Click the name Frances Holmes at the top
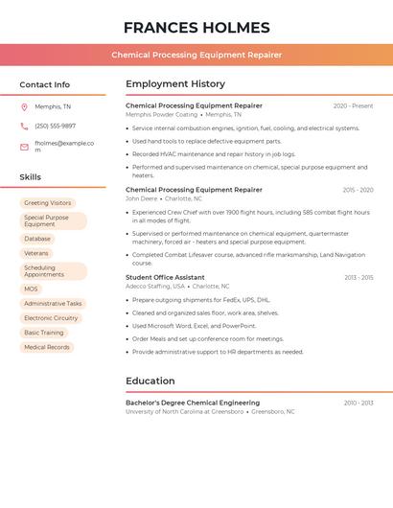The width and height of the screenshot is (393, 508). point(196,28)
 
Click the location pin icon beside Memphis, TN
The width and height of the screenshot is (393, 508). point(24,107)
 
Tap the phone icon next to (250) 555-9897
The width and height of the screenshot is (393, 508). point(24,126)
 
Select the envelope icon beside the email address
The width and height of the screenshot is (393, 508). point(24,146)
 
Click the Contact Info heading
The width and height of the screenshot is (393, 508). point(45,84)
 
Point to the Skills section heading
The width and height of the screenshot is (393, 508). point(31,177)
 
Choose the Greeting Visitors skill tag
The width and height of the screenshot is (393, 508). point(48,203)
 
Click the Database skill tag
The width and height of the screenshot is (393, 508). point(37,239)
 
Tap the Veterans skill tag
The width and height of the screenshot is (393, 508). point(36,253)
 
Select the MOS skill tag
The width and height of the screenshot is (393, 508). point(32,289)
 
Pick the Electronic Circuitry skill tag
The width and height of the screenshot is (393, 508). point(51,318)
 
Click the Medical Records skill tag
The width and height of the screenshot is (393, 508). point(47,347)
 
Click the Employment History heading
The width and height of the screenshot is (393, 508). point(175,84)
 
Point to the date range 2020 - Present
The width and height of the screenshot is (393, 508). point(353,105)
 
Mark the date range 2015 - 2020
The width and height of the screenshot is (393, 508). point(358,190)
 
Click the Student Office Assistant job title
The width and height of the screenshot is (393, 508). point(165,277)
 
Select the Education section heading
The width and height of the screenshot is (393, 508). point(150,381)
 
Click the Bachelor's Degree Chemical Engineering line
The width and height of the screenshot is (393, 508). point(193,403)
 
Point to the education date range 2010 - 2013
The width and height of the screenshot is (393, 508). point(358,403)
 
